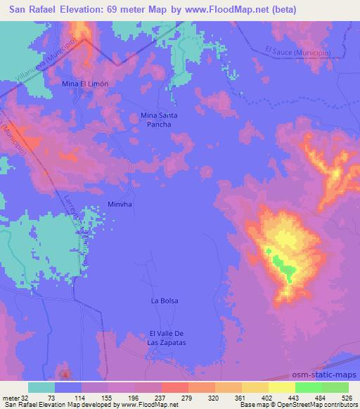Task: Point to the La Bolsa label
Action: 165,301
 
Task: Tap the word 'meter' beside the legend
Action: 10,397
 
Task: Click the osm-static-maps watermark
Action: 324,376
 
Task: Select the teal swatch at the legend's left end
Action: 41,387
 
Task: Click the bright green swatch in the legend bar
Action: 307,387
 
